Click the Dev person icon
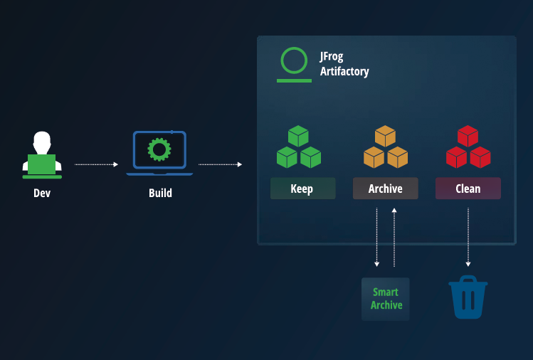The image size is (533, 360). coord(42,154)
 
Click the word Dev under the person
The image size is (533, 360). coord(42,193)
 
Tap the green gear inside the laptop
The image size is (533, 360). coord(159,149)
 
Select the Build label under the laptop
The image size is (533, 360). coord(160,193)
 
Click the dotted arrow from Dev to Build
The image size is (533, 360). coord(96,164)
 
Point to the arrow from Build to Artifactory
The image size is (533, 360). coord(220,164)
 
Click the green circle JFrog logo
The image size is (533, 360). coord(294,61)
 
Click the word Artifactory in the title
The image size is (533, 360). coord(344,72)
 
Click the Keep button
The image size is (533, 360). coord(302,189)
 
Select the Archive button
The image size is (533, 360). coord(385,189)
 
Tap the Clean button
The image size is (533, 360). coord(468,189)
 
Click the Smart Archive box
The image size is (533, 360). coord(386,299)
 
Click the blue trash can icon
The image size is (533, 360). coord(468,297)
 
